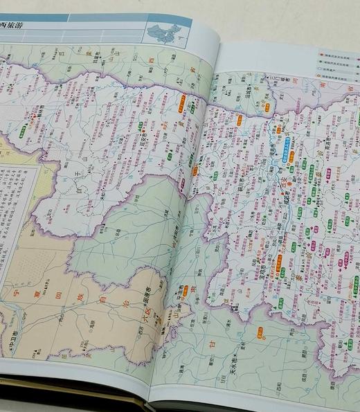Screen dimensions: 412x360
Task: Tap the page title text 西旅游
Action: click(15, 28)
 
